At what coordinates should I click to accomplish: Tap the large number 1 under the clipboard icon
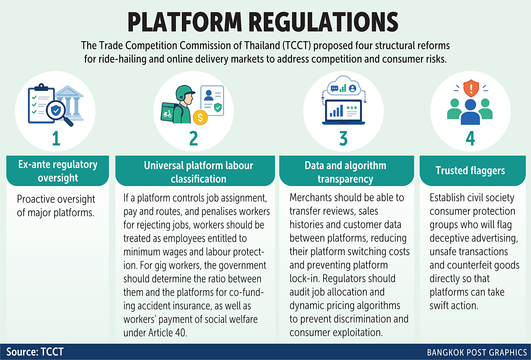click(x=56, y=138)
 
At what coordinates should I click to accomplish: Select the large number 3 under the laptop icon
click(x=343, y=138)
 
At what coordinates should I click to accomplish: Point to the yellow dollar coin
click(x=200, y=117)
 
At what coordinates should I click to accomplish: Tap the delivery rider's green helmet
click(x=184, y=92)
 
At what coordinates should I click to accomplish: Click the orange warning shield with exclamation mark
click(x=471, y=88)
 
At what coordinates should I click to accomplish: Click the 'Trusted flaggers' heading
click(x=470, y=171)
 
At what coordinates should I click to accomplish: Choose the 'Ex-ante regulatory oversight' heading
click(x=58, y=171)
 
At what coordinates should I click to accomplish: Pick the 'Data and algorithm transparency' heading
click(x=346, y=172)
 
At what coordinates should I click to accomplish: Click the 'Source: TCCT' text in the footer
click(x=35, y=352)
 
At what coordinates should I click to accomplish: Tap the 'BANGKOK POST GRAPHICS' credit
click(x=477, y=353)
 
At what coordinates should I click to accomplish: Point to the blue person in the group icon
click(x=470, y=112)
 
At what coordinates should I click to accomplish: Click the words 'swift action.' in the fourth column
click(x=454, y=305)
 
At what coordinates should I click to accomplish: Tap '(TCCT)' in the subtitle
click(x=297, y=46)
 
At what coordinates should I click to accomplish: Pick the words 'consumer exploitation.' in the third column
click(x=336, y=332)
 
